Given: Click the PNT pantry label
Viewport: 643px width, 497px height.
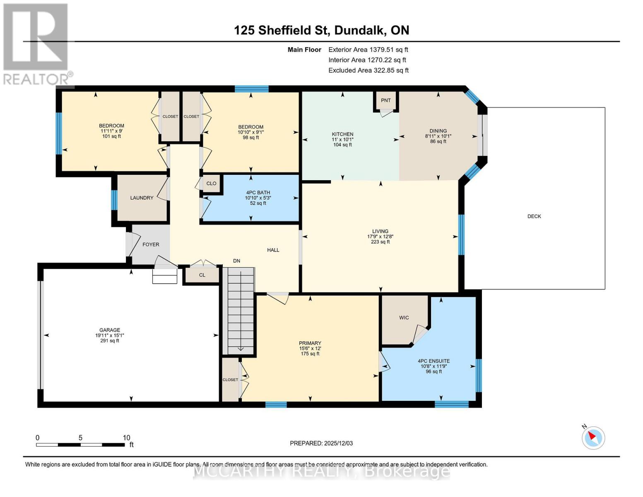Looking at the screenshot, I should (x=385, y=100).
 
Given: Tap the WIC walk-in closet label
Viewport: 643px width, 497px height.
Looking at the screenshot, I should (x=404, y=318).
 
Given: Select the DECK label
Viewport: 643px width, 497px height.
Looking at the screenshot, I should (x=534, y=216).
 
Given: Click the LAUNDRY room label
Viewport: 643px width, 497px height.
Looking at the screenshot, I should (x=142, y=198).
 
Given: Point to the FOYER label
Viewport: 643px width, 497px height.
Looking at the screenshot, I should (x=151, y=244).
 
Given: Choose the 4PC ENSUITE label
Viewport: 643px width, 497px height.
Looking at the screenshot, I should (x=433, y=361).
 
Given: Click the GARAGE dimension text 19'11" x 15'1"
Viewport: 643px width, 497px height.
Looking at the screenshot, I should (x=109, y=335).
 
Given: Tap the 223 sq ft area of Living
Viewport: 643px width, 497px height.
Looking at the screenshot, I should (x=380, y=242).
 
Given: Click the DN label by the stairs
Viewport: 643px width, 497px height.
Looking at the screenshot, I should (x=236, y=261).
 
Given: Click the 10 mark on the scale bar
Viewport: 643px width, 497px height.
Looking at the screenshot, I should (x=126, y=438).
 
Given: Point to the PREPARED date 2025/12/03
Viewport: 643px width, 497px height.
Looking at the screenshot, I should (x=321, y=443).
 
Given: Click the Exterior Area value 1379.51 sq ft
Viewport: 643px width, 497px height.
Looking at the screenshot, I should (x=388, y=50).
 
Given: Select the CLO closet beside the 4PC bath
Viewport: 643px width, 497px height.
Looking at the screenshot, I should (x=211, y=183).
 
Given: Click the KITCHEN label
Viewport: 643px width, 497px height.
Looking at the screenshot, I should (x=342, y=134).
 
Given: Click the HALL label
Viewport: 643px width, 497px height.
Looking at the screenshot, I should (x=273, y=250).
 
